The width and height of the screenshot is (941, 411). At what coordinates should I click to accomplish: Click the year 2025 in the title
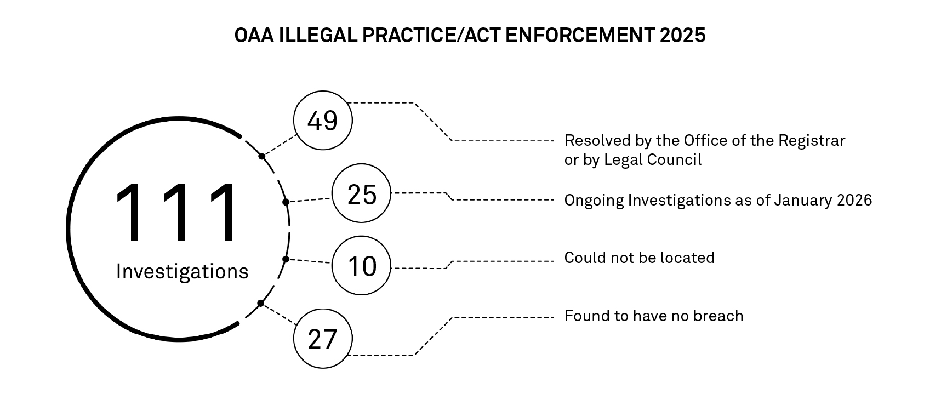click(x=682, y=36)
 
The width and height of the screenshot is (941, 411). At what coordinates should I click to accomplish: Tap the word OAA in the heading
click(x=254, y=36)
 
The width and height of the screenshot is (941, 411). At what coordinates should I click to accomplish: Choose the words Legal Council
click(x=653, y=160)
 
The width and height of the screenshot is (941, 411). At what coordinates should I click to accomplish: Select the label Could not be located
click(x=640, y=258)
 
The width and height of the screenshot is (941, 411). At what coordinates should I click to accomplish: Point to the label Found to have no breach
click(x=654, y=316)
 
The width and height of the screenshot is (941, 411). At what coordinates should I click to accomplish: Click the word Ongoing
click(x=594, y=201)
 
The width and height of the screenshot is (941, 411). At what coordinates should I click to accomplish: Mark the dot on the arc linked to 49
click(x=262, y=156)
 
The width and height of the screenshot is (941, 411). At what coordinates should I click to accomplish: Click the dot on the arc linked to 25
click(x=286, y=202)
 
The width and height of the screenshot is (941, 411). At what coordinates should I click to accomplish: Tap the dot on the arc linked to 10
click(x=286, y=259)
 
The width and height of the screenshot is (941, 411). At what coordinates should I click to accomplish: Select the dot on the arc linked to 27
click(x=260, y=304)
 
